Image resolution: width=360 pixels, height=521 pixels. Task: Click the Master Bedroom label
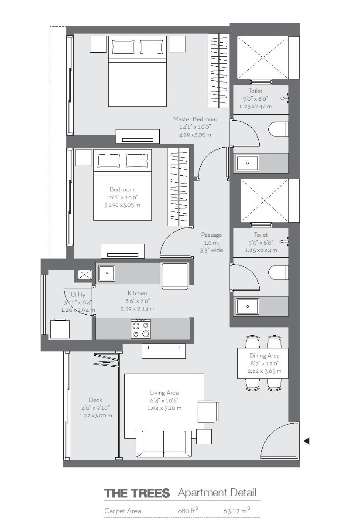pos(195,119)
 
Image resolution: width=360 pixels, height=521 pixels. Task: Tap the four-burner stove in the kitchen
pos(141,328)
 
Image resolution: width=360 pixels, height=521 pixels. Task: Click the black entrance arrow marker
pos(306,441)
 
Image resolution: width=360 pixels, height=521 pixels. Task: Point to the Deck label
pos(96,400)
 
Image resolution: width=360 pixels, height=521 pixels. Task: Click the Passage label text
pos(211,235)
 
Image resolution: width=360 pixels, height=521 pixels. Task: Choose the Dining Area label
pos(264,356)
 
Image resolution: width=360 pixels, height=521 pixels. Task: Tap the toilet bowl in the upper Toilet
pos(279,129)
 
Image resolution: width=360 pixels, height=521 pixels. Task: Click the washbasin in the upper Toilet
pos(247,163)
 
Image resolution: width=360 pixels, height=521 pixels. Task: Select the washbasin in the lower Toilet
pos(247,306)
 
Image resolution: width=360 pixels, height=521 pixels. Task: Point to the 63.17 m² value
pos(236,511)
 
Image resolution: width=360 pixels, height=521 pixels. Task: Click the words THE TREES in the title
pos(137,493)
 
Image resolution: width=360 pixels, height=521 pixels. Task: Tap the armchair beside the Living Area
pos(208,411)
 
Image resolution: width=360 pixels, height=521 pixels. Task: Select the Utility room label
pos(78,294)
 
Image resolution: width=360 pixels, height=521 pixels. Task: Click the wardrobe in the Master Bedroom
pos(218,71)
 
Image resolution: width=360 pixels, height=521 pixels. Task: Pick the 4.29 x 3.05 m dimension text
pos(195,135)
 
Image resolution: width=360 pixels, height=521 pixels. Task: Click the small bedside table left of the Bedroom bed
pos(83,157)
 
